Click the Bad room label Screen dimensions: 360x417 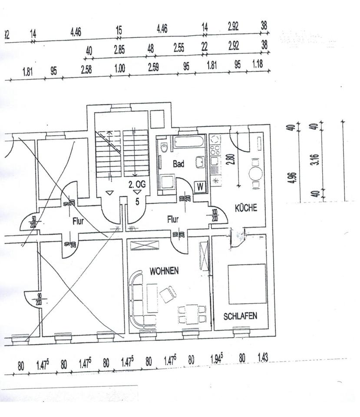point(178,164)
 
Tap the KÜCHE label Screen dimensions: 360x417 point(246,208)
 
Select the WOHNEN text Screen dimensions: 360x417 point(164,271)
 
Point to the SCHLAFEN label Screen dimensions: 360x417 point(240,316)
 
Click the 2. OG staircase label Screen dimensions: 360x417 point(137,184)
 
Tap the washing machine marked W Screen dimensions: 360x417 point(200,187)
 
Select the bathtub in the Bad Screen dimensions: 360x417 point(188,142)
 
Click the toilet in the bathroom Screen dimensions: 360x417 point(163,147)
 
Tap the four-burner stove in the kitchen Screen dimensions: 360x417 point(215,151)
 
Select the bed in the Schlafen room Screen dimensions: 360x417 point(247,284)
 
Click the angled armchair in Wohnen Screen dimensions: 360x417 point(168,295)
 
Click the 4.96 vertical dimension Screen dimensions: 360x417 point(294,178)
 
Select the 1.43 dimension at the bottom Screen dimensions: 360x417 point(263,358)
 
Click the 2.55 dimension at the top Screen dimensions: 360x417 point(178,48)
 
